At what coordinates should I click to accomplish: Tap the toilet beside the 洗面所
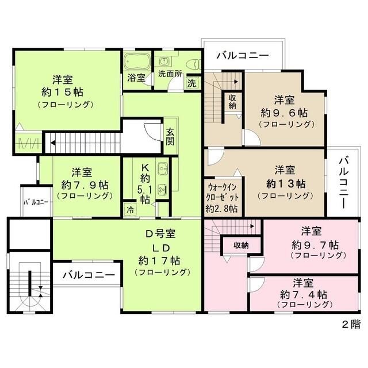point(193,63)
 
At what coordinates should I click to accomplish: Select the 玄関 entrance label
point(171,136)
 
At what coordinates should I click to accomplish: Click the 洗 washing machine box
point(191,82)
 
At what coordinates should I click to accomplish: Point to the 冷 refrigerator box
point(130,210)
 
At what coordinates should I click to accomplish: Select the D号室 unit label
point(160,234)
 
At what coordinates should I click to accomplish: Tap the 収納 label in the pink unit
point(241,245)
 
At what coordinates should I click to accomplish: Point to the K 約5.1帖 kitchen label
point(145,183)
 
